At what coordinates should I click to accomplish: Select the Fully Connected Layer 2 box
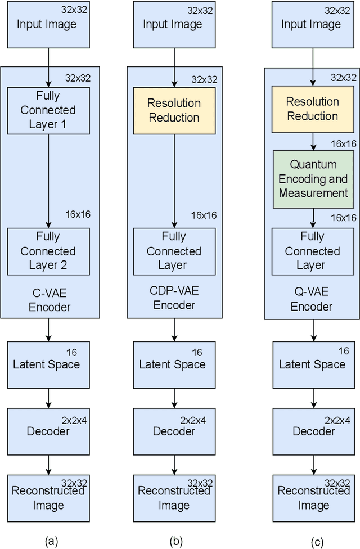click(x=48, y=251)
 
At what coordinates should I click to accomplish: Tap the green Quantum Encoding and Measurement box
click(x=313, y=179)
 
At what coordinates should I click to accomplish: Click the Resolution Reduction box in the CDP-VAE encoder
click(x=174, y=110)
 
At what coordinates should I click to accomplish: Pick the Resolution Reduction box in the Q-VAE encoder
click(x=313, y=109)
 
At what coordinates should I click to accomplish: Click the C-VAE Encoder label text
click(x=48, y=300)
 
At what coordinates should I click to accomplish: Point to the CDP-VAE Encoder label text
click(x=174, y=298)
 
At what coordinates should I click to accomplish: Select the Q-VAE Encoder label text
click(x=313, y=300)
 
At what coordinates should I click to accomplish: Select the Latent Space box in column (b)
click(x=174, y=364)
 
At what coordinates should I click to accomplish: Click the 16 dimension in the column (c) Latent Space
click(x=343, y=351)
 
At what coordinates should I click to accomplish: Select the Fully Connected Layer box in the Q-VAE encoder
click(x=313, y=251)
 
